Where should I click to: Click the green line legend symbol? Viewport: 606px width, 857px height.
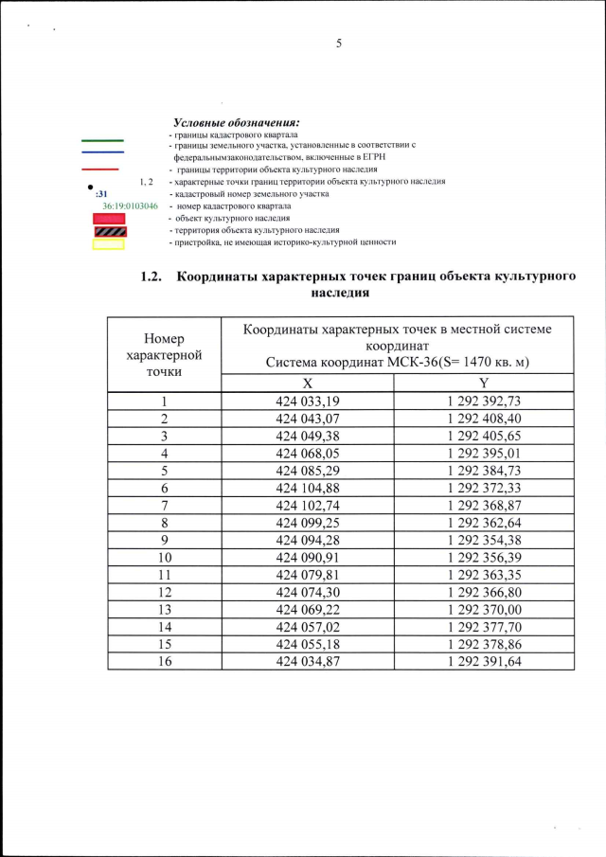pos(101,139)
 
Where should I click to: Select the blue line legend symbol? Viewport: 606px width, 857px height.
pos(101,152)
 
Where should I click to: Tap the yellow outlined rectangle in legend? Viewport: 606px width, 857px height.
pos(108,243)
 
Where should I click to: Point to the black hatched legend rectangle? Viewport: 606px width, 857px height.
pos(108,231)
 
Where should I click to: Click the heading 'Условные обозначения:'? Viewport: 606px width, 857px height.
pos(236,124)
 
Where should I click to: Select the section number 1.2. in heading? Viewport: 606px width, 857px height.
pos(152,277)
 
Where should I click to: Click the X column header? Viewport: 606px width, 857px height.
pos(307,384)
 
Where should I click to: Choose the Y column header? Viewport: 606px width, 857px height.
pos(483,384)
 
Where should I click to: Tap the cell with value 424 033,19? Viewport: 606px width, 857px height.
pos(307,402)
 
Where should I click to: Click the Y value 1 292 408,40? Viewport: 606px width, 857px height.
pos(483,419)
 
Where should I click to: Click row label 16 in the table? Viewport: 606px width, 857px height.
pos(164,661)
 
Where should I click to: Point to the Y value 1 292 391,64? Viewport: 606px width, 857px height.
pos(483,661)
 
